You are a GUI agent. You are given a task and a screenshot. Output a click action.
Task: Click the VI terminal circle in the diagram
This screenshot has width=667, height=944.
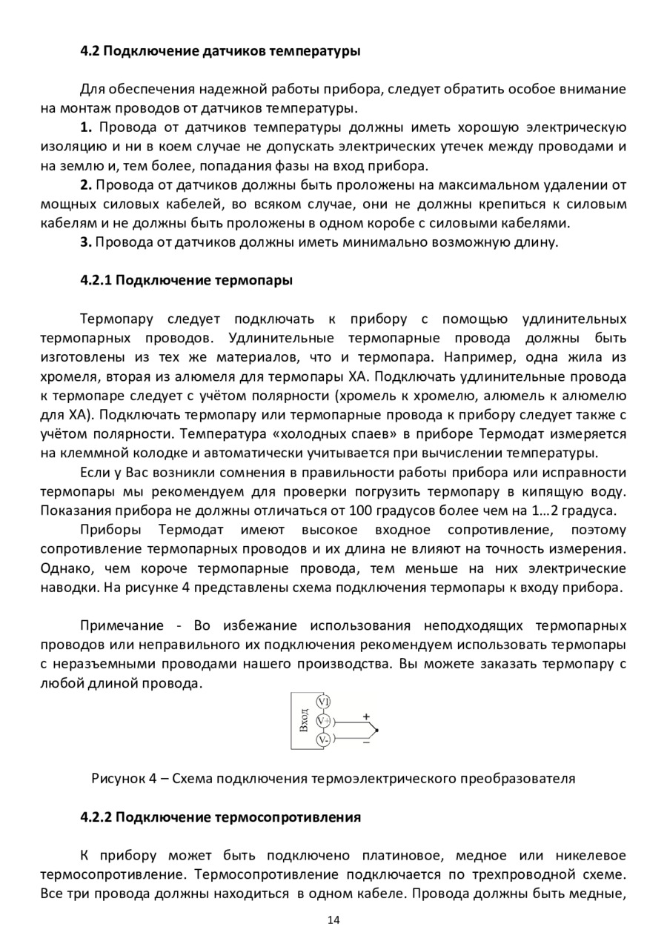(x=323, y=701)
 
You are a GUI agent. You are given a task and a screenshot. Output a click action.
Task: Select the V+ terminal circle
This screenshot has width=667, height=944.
(x=323, y=720)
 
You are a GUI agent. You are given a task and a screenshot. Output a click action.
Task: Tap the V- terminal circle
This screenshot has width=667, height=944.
(x=323, y=739)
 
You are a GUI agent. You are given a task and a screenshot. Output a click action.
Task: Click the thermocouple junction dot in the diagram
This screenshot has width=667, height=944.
(x=376, y=730)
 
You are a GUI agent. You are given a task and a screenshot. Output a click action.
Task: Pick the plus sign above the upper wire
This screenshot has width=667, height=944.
(x=365, y=717)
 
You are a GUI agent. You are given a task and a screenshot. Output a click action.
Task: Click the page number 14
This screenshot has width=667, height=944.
(x=333, y=920)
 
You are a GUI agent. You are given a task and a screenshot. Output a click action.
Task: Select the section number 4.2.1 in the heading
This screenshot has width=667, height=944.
(x=96, y=281)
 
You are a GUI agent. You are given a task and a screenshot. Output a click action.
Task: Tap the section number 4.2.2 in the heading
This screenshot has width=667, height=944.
(x=96, y=817)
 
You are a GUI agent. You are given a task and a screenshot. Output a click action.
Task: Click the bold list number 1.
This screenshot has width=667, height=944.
(x=85, y=127)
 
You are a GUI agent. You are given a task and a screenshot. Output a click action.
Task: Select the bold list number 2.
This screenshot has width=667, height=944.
(x=85, y=185)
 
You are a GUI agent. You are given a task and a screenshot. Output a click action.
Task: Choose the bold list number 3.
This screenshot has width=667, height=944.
(x=85, y=242)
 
